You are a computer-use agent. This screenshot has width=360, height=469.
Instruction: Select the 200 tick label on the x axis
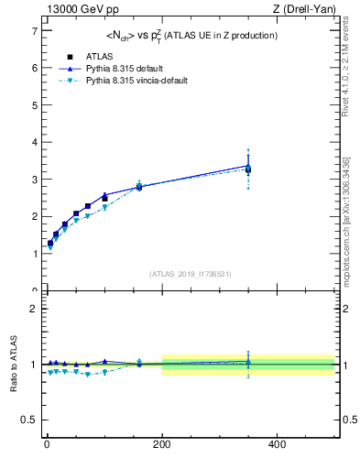[162, 444]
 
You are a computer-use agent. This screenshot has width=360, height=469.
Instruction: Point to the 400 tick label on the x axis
[277, 444]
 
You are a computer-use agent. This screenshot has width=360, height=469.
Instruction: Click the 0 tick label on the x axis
[48, 444]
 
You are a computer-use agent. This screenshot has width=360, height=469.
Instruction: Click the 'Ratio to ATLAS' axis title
[13, 364]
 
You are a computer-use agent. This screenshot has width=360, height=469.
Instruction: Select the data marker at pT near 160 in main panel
[139, 187]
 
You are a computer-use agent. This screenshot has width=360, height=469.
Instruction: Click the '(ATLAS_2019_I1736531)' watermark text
[191, 274]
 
